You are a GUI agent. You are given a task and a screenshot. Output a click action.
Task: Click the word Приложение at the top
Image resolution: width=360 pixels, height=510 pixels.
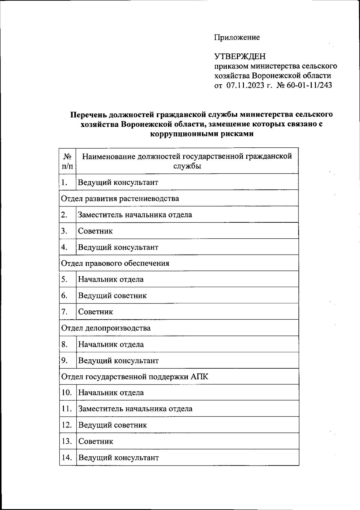click(237, 38)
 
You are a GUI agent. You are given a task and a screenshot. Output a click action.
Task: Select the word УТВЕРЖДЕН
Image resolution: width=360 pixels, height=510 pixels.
click(240, 56)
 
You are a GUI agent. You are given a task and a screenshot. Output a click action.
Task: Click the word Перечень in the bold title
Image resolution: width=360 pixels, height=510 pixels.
click(88, 115)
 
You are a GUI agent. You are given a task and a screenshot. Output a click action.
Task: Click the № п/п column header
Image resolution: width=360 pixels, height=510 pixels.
click(67, 161)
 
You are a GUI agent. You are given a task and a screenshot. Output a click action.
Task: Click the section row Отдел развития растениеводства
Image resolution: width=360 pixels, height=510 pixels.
click(120, 198)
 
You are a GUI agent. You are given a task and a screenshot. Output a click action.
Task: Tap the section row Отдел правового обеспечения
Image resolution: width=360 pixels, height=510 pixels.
click(115, 263)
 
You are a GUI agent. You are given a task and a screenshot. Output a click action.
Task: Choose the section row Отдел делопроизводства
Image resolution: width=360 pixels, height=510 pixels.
click(106, 328)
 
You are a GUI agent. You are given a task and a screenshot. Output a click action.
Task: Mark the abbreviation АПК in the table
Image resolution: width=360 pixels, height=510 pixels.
click(199, 377)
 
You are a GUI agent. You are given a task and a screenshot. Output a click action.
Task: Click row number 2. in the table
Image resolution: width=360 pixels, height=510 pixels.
click(64, 215)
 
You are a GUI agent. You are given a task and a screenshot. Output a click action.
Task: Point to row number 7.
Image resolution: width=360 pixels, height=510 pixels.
click(64, 312)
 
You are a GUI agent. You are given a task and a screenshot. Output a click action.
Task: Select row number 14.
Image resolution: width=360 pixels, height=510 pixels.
click(67, 457)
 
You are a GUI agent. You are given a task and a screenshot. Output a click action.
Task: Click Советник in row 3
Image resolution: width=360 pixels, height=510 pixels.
click(95, 231)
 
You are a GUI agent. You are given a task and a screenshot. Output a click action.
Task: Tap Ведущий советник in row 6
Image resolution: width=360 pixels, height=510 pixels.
click(112, 296)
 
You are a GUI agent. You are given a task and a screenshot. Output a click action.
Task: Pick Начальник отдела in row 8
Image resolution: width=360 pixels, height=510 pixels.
click(111, 344)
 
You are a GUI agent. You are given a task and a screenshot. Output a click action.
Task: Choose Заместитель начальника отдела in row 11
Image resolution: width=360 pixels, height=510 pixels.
click(135, 409)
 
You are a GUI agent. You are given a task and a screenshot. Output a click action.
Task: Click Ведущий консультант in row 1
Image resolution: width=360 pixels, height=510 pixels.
click(118, 182)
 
